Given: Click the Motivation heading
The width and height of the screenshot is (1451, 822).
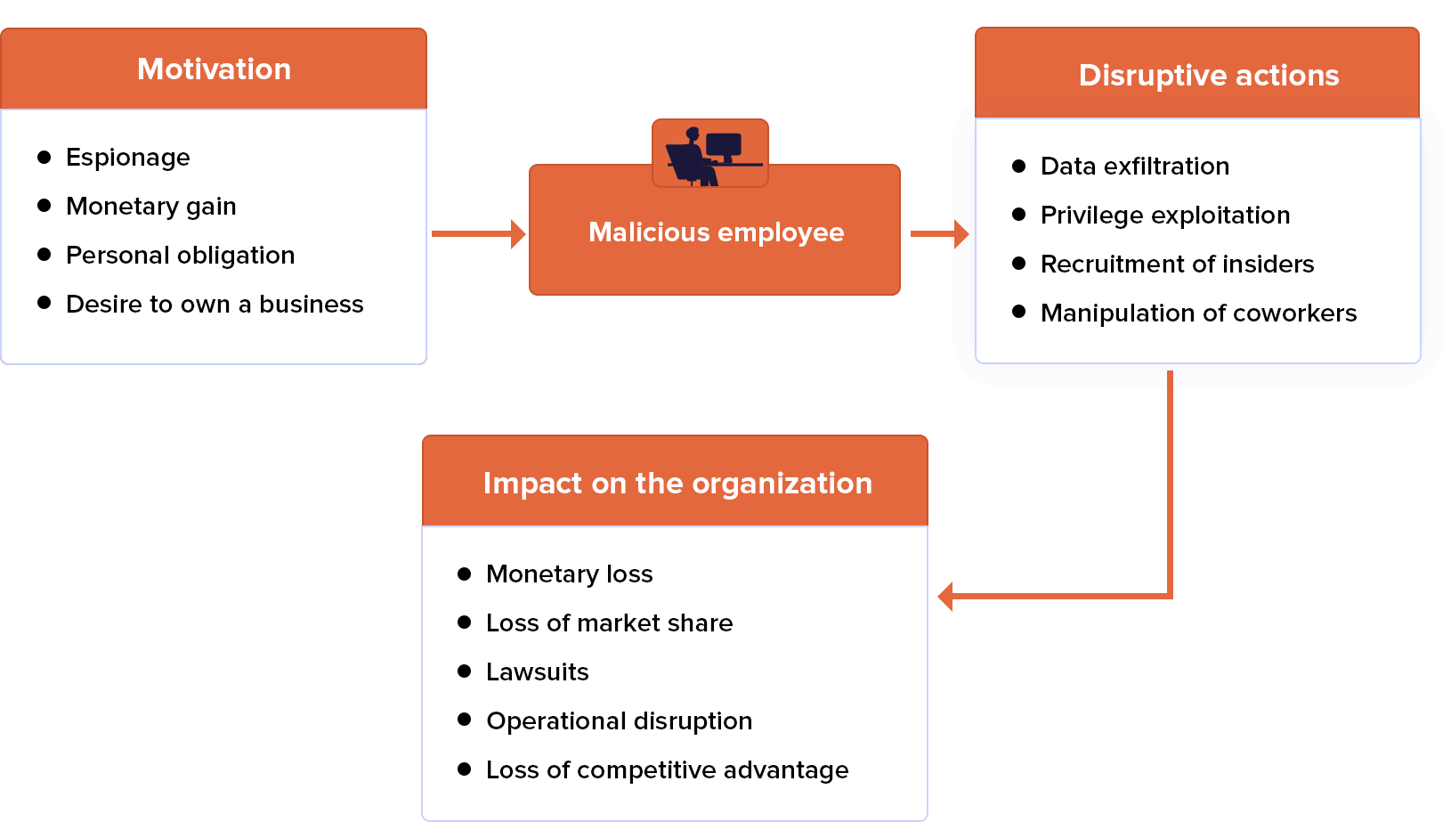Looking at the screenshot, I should pyautogui.click(x=214, y=69).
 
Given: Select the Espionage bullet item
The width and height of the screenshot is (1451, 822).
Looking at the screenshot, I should pyautogui.click(x=127, y=158).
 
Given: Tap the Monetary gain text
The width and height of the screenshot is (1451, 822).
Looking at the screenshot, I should pyautogui.click(x=150, y=207).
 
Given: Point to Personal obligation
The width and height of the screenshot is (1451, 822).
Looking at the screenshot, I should pyautogui.click(x=180, y=256).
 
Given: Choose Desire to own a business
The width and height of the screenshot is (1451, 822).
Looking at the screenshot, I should pyautogui.click(x=215, y=305).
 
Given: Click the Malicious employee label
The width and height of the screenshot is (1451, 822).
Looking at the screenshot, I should pyautogui.click(x=716, y=232).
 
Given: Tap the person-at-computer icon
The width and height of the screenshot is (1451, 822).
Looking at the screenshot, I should pyautogui.click(x=710, y=154).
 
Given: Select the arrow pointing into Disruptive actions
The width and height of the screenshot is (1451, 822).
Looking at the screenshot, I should pyautogui.click(x=940, y=233).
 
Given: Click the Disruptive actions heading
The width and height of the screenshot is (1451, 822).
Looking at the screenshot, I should pyautogui.click(x=1208, y=76).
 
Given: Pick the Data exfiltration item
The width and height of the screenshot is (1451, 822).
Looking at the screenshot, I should pyautogui.click(x=1134, y=167).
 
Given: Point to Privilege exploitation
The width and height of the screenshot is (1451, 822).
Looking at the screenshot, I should pyautogui.click(x=1164, y=216).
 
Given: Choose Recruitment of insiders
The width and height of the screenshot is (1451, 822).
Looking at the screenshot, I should pyautogui.click(x=1177, y=265).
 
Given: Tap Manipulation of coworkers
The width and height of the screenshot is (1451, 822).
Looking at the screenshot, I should pyautogui.click(x=1198, y=313).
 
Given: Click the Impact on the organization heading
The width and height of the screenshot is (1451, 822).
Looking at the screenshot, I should pyautogui.click(x=677, y=484).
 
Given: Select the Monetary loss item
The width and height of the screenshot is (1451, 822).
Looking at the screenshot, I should pyautogui.click(x=569, y=574).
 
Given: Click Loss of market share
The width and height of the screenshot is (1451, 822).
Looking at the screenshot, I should pyautogui.click(x=609, y=623).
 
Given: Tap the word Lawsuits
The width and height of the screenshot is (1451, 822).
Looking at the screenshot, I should pyautogui.click(x=537, y=672).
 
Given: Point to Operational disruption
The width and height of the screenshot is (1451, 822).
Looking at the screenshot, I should pyautogui.click(x=619, y=721).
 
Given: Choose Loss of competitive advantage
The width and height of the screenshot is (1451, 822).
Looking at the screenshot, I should pyautogui.click(x=667, y=770).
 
